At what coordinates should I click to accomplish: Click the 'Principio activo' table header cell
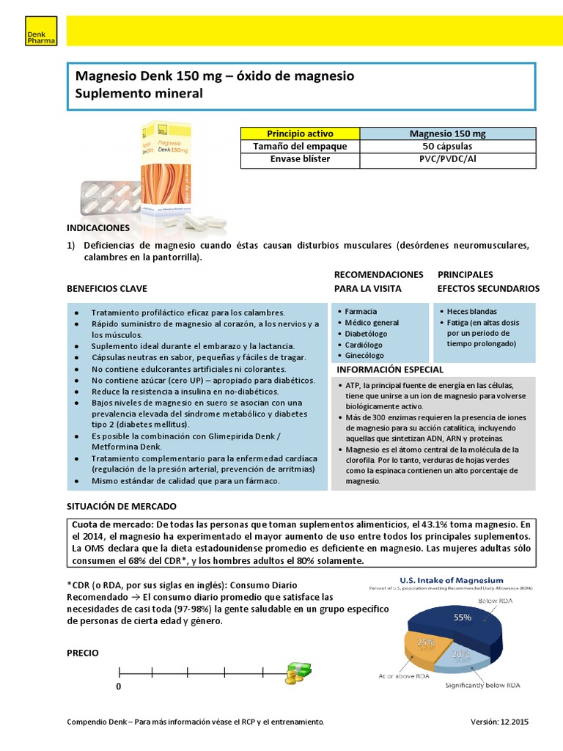tap(300, 133)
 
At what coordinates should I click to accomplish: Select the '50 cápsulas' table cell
tap(447, 146)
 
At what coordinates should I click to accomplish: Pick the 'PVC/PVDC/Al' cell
tap(447, 158)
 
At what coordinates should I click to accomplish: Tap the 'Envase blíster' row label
tap(300, 158)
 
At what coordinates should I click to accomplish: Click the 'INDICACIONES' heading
tap(98, 228)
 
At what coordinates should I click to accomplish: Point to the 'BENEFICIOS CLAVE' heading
tap(106, 288)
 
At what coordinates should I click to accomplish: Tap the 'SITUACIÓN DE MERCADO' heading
tap(121, 507)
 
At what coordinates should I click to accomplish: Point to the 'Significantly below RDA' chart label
tap(485, 686)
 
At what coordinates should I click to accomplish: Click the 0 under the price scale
tap(118, 687)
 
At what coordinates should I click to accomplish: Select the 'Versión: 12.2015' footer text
tap(498, 722)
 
